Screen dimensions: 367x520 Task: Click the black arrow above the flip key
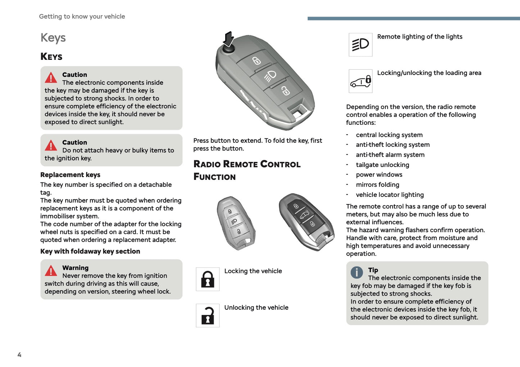click(229, 39)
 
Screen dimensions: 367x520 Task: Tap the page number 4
click(19, 355)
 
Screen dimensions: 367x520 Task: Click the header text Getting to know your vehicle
click(82, 17)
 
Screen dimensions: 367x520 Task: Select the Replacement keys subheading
click(70, 175)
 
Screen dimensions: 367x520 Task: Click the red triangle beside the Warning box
click(51, 271)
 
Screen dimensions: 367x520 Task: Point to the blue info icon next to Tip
click(357, 273)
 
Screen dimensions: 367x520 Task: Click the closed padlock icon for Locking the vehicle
click(208, 279)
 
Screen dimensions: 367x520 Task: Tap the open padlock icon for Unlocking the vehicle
click(208, 315)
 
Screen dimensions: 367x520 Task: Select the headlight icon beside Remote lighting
click(360, 45)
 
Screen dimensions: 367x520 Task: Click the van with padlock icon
click(360, 81)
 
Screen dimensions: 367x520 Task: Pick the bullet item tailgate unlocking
click(382, 165)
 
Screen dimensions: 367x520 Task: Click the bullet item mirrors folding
click(377, 185)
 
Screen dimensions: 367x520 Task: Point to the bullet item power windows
click(379, 174)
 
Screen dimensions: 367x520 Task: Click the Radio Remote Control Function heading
click(247, 170)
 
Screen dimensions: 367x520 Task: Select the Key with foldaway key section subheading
click(90, 251)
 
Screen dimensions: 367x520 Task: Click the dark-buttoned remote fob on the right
click(306, 221)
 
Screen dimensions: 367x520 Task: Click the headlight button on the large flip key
click(270, 76)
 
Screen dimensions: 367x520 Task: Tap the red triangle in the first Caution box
click(51, 78)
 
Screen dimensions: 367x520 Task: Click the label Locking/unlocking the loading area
click(429, 73)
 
